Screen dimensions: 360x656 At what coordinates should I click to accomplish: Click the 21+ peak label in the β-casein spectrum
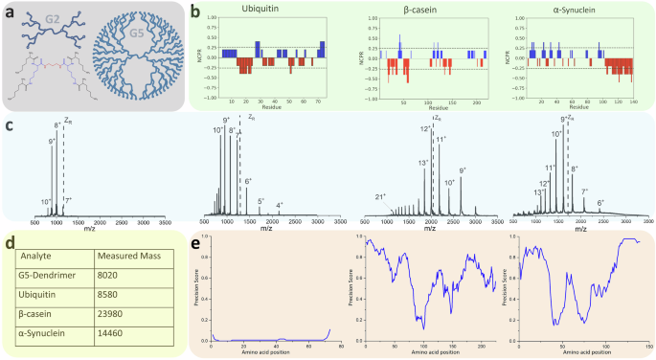380,197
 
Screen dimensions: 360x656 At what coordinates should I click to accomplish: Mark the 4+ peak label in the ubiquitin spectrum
280,205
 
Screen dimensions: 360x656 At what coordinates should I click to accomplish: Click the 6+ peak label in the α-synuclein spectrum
599,203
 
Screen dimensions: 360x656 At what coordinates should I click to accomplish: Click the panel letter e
196,242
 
